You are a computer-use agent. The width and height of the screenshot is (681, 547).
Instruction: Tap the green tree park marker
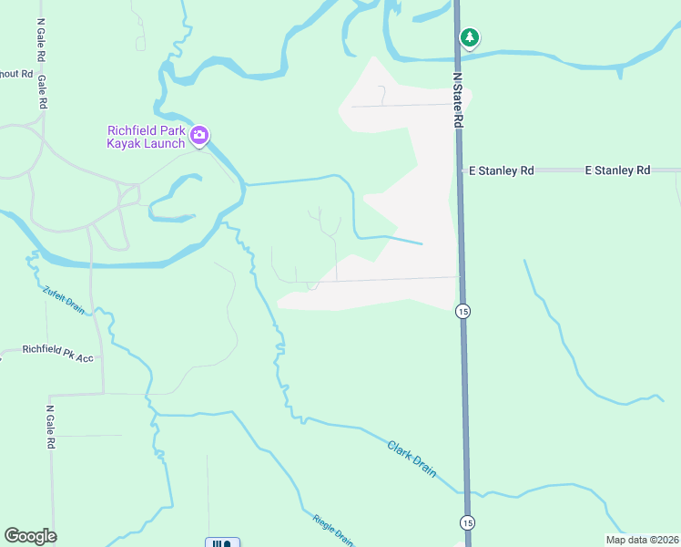[469, 38]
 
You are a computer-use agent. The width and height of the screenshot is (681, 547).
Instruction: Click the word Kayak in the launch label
[127, 143]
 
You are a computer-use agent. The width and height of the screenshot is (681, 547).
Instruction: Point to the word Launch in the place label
[166, 143]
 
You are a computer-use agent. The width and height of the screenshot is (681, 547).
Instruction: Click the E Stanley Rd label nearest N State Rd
[501, 170]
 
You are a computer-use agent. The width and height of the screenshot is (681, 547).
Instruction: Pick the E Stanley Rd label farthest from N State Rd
[617, 170]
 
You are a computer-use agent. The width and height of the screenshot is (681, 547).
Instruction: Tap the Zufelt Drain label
[64, 300]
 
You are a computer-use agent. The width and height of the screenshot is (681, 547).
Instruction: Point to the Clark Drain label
[412, 459]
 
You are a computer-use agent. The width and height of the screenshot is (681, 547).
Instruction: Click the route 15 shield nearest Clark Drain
[467, 522]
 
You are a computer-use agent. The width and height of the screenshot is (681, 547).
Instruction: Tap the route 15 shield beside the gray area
[462, 311]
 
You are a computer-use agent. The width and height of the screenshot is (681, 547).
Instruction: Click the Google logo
[30, 536]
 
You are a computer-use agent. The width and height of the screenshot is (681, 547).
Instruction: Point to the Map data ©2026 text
[642, 540]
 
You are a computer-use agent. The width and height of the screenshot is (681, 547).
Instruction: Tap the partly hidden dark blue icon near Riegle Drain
[223, 542]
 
